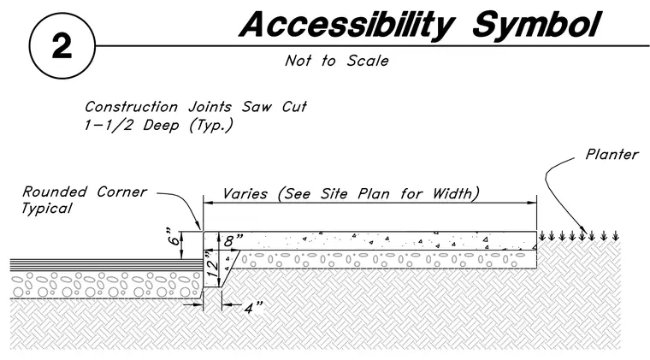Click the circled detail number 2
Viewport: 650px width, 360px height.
coord(62,46)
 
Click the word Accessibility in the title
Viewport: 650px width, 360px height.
coord(346,25)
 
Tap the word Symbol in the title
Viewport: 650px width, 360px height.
coord(536,25)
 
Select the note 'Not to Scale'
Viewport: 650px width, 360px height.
coord(337,61)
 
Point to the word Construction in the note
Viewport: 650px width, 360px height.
coord(131,107)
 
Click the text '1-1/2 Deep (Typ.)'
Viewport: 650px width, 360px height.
coord(159,125)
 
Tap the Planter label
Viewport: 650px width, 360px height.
coord(612,155)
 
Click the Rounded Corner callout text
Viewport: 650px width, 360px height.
coord(85,192)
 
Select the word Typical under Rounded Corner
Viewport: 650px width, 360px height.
coord(47,209)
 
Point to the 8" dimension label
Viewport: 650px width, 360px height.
coord(233,240)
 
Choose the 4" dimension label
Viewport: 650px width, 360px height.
coord(253,308)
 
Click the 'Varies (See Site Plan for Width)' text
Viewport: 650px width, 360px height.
coord(352,194)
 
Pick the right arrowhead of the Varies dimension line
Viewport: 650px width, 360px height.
coord(532,203)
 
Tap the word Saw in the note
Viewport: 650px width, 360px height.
coord(257,107)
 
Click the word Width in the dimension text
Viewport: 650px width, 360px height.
coord(455,194)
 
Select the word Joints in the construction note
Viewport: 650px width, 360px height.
coord(210,107)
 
